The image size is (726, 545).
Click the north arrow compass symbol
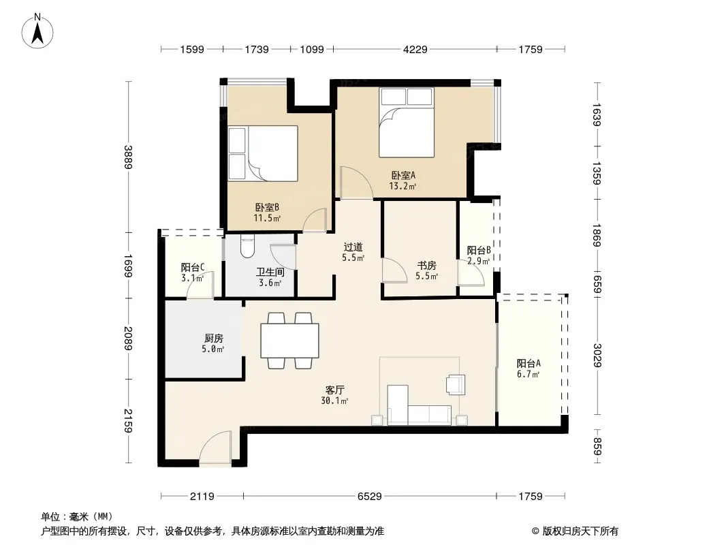pyautogui.click(x=37, y=31)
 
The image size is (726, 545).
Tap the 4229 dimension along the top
pyautogui.click(x=415, y=50)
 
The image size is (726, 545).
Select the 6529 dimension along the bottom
pyautogui.click(x=370, y=497)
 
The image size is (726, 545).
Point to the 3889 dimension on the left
pyautogui.click(x=128, y=157)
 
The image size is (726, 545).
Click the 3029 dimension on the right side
pyautogui.click(x=597, y=355)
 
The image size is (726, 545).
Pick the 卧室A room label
pyautogui.click(x=403, y=176)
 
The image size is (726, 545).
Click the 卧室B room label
pyautogui.click(x=267, y=208)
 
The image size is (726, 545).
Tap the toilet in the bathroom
pyautogui.click(x=248, y=247)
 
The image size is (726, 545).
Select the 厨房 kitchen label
pyautogui.click(x=213, y=339)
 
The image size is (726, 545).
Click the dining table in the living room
pyautogui.click(x=289, y=341)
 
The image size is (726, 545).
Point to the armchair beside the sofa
pyautogui.click(x=456, y=384)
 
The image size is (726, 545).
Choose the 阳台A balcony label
pyautogui.click(x=528, y=364)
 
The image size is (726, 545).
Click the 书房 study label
pyautogui.click(x=426, y=265)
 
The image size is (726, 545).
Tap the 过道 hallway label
pyautogui.click(x=353, y=247)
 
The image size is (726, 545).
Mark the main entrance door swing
pyautogui.click(x=215, y=448)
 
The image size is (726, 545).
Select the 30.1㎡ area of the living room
pyautogui.click(x=334, y=401)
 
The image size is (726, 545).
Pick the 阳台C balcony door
pyautogui.click(x=200, y=285)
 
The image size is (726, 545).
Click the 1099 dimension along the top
pyautogui.click(x=312, y=50)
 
